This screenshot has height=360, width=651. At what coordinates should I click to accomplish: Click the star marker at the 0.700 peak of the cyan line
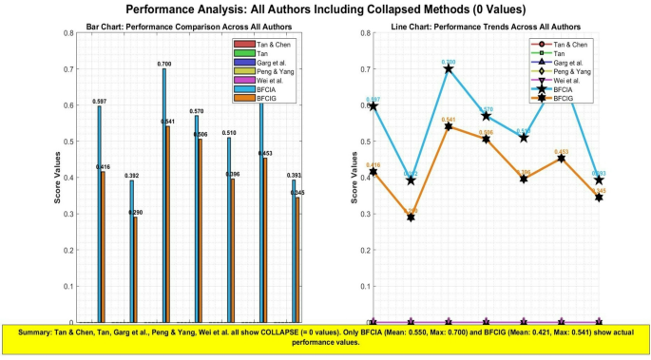pos(449,69)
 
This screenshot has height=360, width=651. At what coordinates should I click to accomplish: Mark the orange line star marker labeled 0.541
pos(449,126)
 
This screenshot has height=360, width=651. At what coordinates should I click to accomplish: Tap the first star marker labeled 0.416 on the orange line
pos(373,172)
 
